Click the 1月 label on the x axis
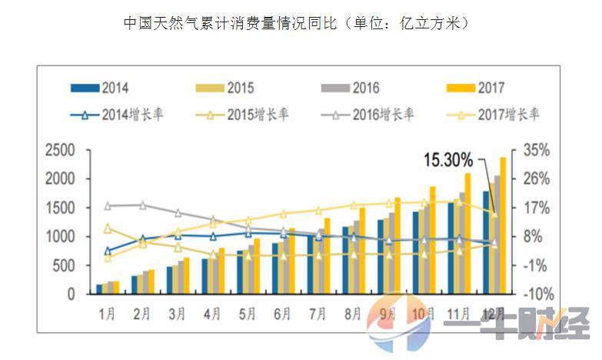click(108, 314)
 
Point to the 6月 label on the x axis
click(282, 314)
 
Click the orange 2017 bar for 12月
click(503, 225)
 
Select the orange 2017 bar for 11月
click(467, 233)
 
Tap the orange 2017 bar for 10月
click(433, 240)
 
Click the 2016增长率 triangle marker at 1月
click(108, 206)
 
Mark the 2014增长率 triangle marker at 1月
click(108, 251)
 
